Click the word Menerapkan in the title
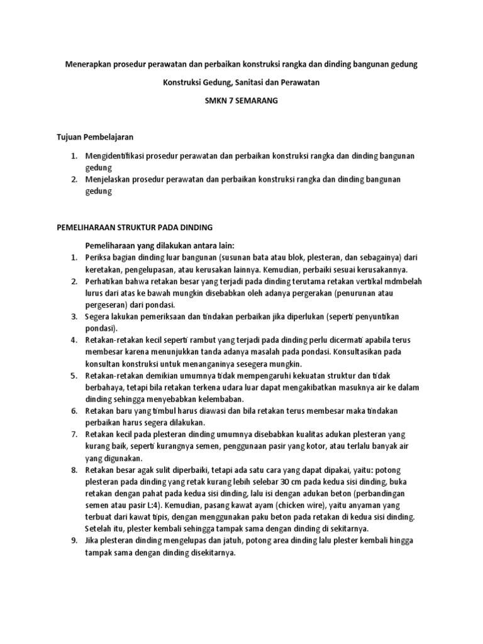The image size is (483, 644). click(86, 64)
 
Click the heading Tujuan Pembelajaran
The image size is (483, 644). click(95, 136)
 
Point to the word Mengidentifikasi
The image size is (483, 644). click(117, 155)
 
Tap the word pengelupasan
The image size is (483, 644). click(155, 269)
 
